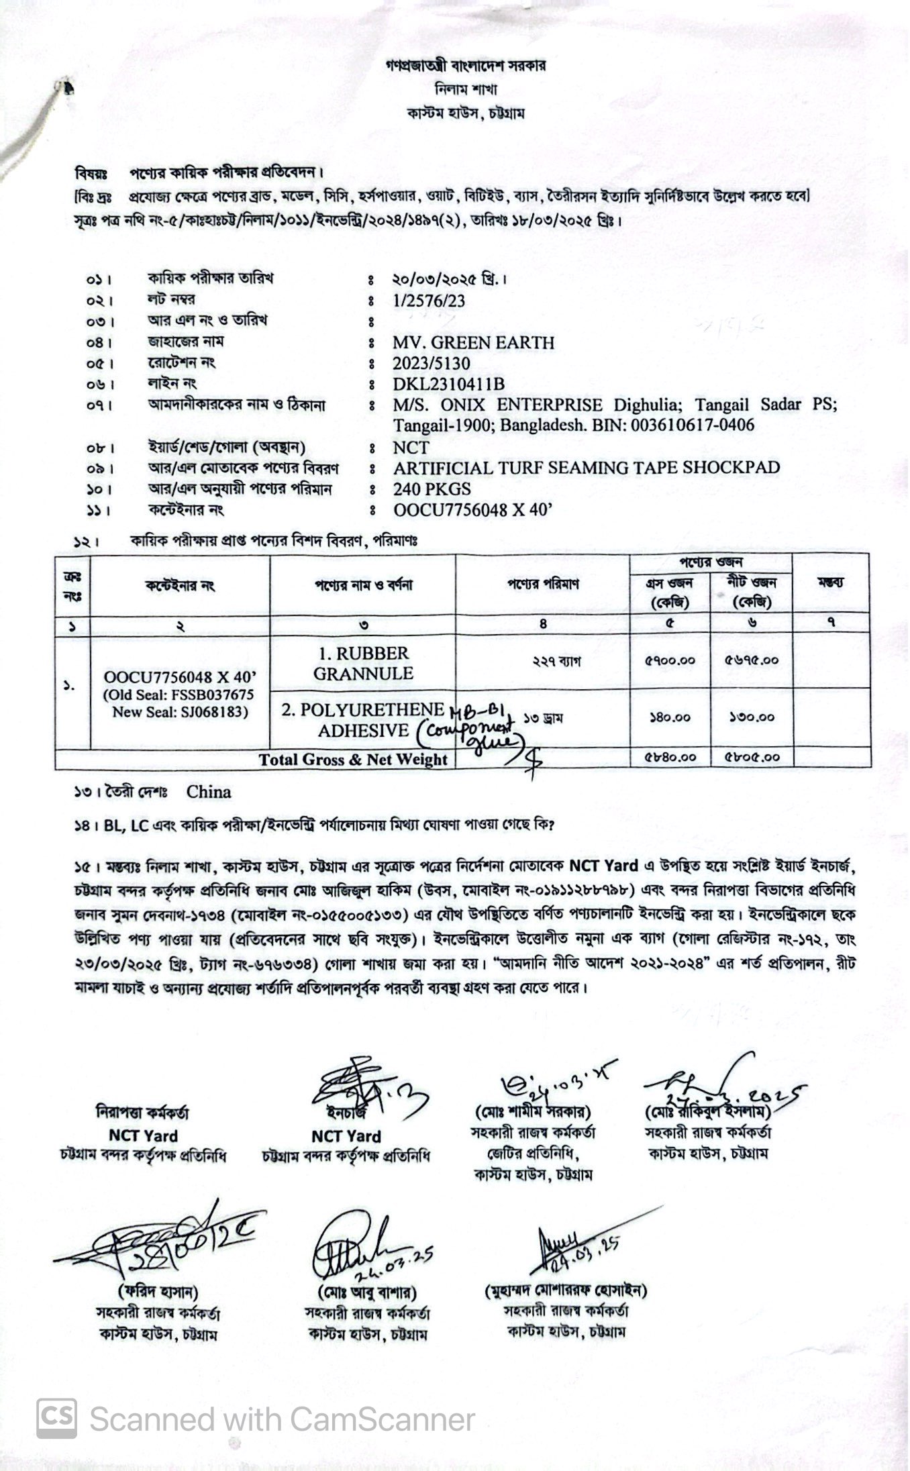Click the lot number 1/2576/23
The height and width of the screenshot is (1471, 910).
click(x=429, y=301)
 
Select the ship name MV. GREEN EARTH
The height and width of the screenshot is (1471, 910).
click(x=474, y=343)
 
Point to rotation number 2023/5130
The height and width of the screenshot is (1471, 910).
click(x=432, y=364)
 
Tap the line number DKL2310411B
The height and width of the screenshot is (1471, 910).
click(x=449, y=385)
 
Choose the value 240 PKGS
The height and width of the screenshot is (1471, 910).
click(x=432, y=489)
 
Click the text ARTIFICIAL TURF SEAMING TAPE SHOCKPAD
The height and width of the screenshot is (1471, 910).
click(x=587, y=468)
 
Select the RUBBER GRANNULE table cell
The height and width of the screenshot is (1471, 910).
click(x=363, y=663)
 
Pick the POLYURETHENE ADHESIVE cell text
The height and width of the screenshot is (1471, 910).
click(x=363, y=720)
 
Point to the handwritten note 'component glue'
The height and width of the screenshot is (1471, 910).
click(x=466, y=733)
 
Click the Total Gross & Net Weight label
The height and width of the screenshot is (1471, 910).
click(x=353, y=760)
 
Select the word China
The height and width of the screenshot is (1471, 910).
click(x=209, y=792)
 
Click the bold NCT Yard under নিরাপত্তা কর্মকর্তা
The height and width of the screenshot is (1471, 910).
click(x=142, y=1136)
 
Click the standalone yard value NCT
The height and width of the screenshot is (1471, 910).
click(x=411, y=448)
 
